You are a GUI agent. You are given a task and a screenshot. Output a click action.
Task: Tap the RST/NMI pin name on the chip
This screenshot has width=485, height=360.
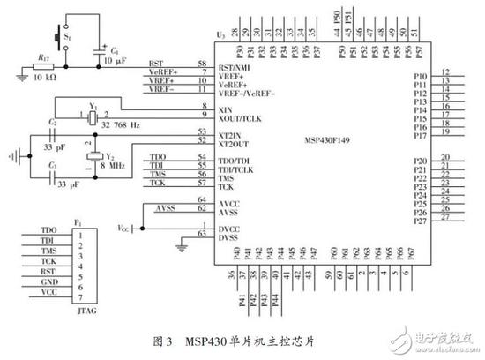[234, 66]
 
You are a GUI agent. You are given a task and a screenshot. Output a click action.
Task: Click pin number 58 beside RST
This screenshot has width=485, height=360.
[203, 64]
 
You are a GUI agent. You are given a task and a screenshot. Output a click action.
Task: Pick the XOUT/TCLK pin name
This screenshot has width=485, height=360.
[236, 116]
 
